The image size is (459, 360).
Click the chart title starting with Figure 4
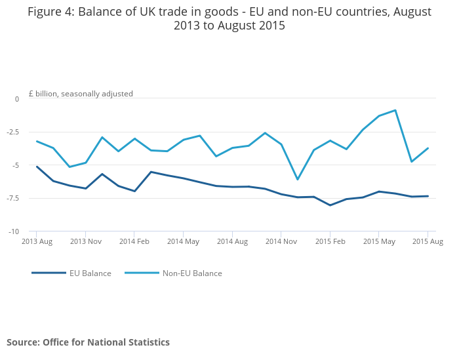click(x=229, y=18)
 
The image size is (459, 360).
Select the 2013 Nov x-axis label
click(x=85, y=241)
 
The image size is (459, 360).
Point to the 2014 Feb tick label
click(x=134, y=241)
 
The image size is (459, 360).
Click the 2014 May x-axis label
click(x=183, y=241)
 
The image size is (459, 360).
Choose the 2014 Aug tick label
click(x=232, y=241)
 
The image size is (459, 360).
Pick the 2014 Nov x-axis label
click(x=281, y=241)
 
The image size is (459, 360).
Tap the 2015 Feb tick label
click(x=330, y=241)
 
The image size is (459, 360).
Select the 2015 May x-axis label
click(x=378, y=241)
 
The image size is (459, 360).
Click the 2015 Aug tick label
click(x=428, y=241)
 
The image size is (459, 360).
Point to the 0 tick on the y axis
click(x=17, y=99)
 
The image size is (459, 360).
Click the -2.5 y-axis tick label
click(x=12, y=132)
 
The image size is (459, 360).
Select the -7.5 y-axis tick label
click(x=12, y=198)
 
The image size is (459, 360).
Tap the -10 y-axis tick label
click(x=13, y=231)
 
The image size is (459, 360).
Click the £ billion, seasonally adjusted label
click(x=81, y=94)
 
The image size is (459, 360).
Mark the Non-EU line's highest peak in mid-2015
click(x=395, y=110)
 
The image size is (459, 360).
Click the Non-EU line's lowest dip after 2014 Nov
click(x=297, y=179)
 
